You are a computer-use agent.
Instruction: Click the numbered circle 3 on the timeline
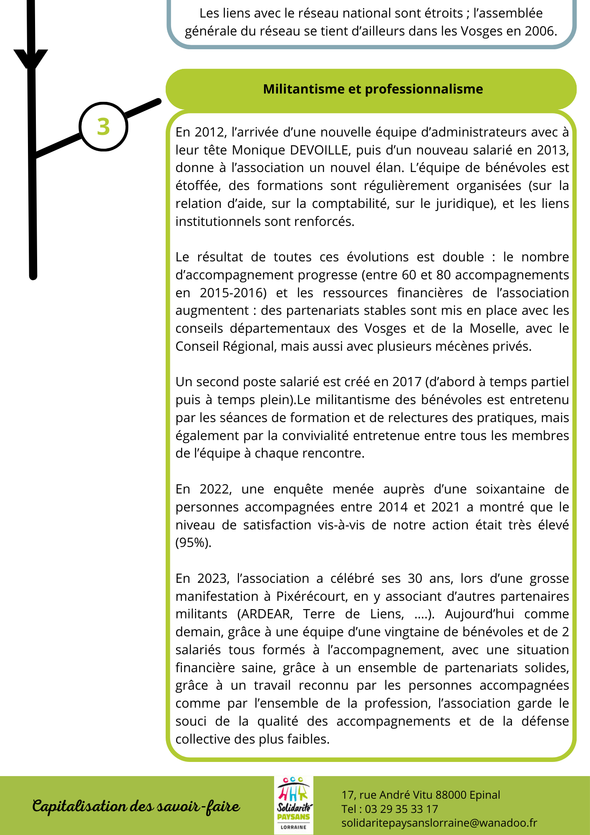pyautogui.click(x=103, y=127)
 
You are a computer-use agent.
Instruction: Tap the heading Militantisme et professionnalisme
pyautogui.click(x=373, y=89)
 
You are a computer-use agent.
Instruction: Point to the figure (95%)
pyautogui.click(x=193, y=543)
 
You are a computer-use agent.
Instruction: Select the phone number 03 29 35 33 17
pyautogui.click(x=401, y=809)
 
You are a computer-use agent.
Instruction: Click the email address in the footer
pyautogui.click(x=439, y=823)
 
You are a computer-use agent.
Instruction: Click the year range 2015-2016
pyautogui.click(x=233, y=293)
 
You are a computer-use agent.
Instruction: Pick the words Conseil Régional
pyautogui.click(x=224, y=347)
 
